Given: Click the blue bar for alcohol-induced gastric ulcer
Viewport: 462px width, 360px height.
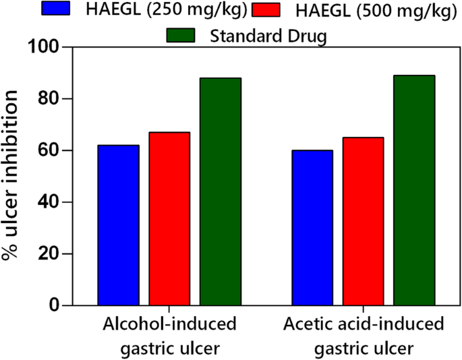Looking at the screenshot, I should [118, 225].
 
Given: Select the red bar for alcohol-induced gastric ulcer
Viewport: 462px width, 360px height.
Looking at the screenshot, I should [169, 218].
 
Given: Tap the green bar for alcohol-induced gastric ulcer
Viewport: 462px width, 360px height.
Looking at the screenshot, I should [221, 191].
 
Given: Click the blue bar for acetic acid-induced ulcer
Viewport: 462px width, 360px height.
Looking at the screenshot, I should [312, 228].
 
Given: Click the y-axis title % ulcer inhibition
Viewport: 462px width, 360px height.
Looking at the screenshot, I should [11, 177].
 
